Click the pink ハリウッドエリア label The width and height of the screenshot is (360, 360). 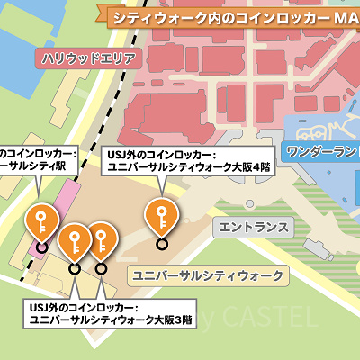(x=88, y=59)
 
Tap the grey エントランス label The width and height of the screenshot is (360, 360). (x=253, y=226)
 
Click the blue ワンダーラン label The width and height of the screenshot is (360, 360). (x=319, y=149)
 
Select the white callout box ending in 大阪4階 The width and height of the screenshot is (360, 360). (x=185, y=160)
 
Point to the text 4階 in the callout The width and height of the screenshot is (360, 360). (x=259, y=167)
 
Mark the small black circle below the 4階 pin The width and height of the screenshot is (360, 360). (x=161, y=243)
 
